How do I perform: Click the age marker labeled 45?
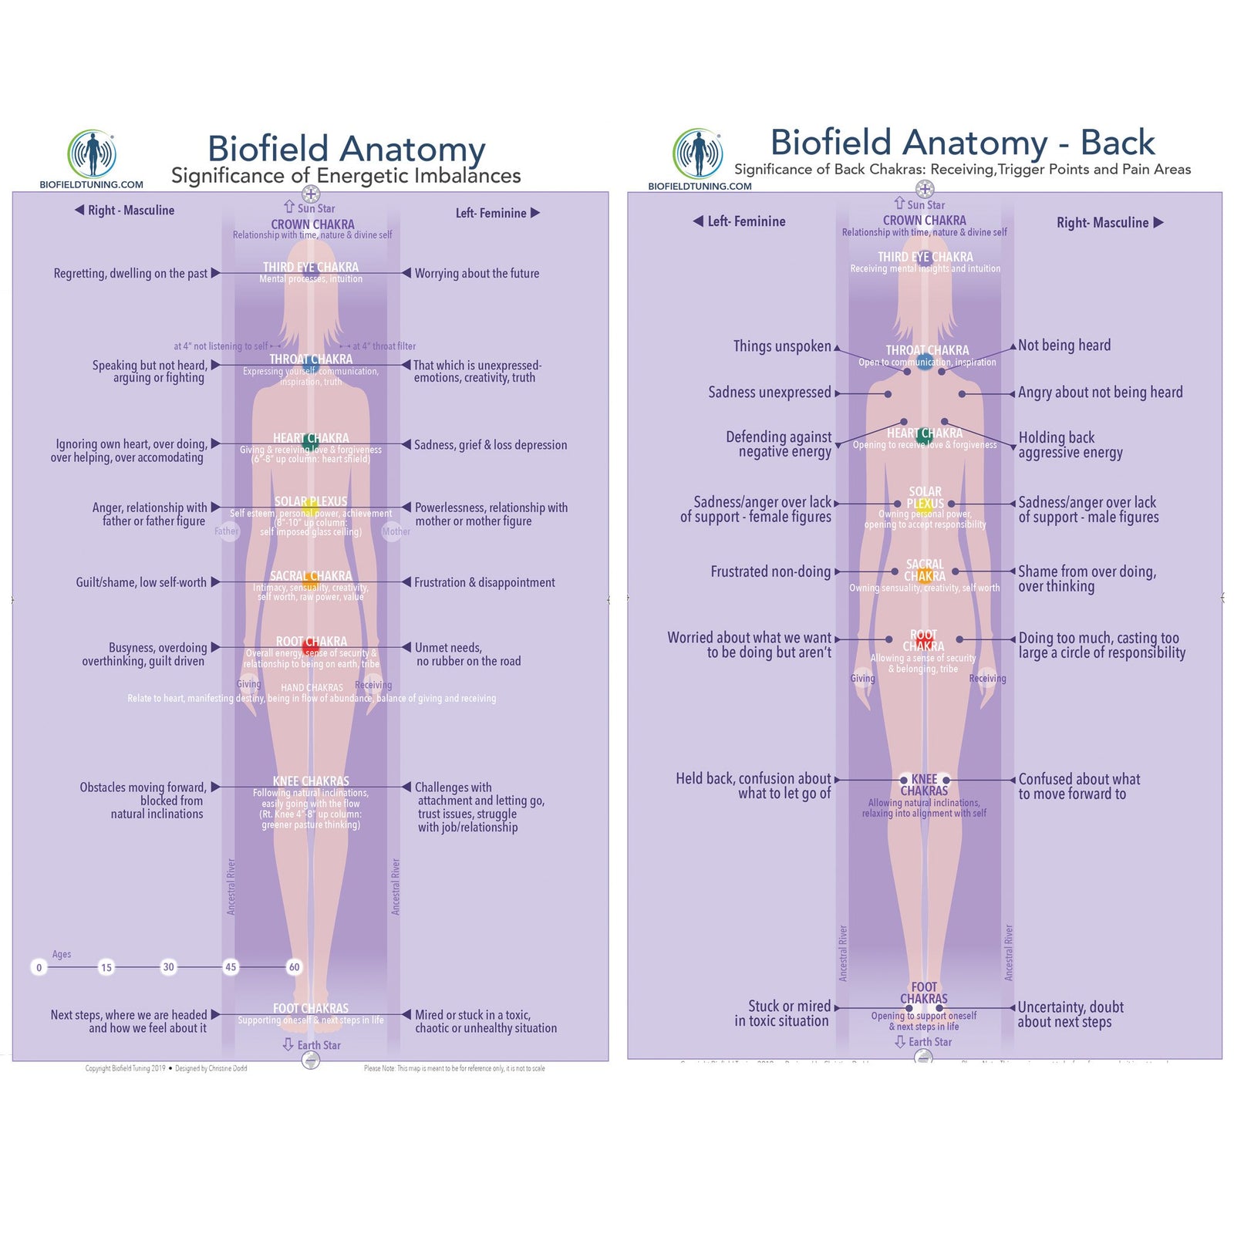pos(231,966)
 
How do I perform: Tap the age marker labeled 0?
pos(39,967)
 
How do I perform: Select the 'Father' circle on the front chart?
pos(227,531)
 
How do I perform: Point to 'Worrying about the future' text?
pos(477,273)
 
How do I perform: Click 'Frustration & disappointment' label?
pos(484,582)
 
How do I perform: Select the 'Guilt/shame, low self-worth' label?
pos(141,582)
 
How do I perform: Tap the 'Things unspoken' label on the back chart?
pos(782,346)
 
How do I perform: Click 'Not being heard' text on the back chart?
pos(1064,346)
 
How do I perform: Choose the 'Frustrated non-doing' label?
pos(770,571)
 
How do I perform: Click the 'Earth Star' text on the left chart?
pos(319,1045)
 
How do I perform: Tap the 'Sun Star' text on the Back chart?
pos(925,204)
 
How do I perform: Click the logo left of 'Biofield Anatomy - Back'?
pos(698,153)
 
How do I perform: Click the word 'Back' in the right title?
pos(1117,143)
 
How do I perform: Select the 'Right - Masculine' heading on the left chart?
pos(130,210)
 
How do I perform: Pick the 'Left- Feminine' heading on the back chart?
pos(746,221)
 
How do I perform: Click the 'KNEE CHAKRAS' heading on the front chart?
pos(311,781)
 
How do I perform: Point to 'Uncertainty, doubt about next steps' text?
pos(1070,1014)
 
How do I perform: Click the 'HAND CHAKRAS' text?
pos(312,687)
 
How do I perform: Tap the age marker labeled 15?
pos(106,967)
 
